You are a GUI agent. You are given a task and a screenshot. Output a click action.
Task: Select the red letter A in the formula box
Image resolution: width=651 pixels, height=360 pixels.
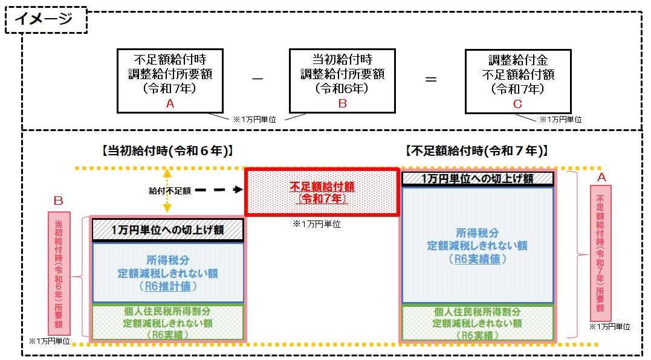(x=170, y=104)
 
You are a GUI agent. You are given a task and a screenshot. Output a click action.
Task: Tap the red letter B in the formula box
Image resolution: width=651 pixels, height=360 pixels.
(x=343, y=104)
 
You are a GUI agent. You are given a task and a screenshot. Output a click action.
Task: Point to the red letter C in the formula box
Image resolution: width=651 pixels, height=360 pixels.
(x=517, y=104)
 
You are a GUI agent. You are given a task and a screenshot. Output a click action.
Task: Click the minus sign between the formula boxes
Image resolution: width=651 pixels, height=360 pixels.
(x=257, y=79)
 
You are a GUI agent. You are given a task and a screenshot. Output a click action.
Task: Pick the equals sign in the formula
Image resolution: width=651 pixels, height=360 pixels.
(x=431, y=79)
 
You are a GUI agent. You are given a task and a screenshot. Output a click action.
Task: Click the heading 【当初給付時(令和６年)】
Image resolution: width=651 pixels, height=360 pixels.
(x=167, y=150)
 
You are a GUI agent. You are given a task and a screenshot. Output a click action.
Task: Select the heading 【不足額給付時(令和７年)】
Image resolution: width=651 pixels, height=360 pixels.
(x=477, y=150)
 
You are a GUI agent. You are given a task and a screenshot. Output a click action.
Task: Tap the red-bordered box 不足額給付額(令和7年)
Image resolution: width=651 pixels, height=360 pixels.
(x=322, y=192)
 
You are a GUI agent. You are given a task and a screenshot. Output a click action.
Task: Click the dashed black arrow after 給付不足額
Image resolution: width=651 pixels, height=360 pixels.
(x=219, y=190)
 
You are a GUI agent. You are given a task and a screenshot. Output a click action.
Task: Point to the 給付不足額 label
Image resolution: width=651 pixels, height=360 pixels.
(x=170, y=191)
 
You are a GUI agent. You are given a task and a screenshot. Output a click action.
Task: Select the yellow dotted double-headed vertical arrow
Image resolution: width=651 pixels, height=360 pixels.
(x=167, y=190)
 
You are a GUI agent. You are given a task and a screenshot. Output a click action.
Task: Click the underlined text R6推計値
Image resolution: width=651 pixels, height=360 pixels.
(x=167, y=286)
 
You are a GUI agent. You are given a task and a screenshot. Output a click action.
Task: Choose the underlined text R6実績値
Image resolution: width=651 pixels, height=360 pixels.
(x=478, y=259)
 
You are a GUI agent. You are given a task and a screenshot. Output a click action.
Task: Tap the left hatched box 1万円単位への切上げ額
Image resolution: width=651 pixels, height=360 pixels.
(x=167, y=230)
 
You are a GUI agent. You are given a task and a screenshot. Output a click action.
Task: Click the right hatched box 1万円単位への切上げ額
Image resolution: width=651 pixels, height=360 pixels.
(x=478, y=178)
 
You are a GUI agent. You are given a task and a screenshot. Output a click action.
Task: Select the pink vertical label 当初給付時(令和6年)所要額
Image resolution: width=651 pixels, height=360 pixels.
(x=59, y=273)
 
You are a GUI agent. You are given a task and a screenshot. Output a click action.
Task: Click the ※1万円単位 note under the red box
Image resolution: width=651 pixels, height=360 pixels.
(x=317, y=224)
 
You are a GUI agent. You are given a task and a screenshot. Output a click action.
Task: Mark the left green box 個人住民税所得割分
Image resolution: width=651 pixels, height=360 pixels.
(x=167, y=323)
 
